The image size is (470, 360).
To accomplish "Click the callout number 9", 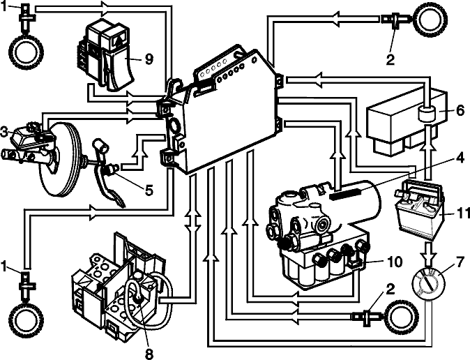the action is click(149, 59).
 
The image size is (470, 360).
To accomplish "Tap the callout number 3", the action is click(4, 132).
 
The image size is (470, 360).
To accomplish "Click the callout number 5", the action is click(149, 190).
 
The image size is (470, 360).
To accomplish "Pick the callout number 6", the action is click(460, 110).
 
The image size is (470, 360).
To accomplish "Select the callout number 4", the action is click(460, 158).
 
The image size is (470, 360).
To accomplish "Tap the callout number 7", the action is click(460, 262).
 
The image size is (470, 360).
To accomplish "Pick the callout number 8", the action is click(149, 354).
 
